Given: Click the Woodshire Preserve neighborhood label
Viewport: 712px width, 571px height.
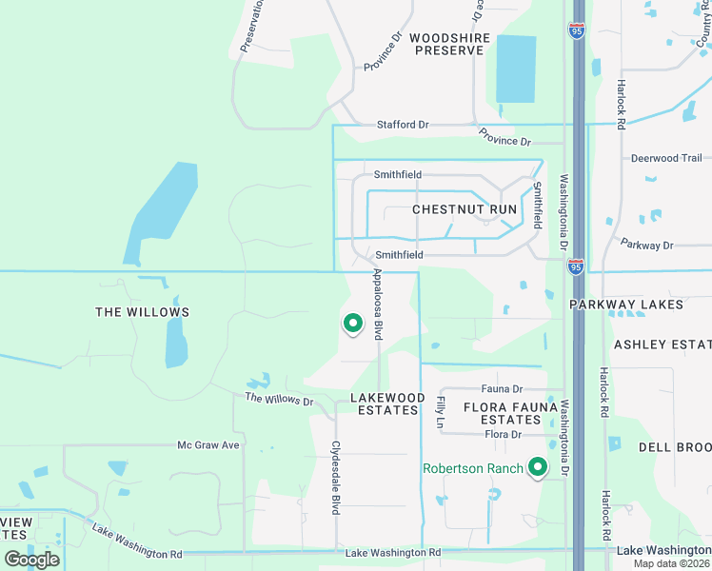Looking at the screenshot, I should point(449,44).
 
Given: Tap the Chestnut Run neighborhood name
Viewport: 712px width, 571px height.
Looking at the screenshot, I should point(465,209).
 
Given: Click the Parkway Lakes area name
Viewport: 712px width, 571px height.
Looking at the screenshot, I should point(626,305).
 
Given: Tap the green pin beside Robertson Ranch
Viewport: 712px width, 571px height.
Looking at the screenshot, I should point(538,467).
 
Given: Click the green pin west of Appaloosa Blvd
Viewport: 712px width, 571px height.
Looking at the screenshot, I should point(353,325).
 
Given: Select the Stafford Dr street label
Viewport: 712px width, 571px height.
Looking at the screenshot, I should point(403,125).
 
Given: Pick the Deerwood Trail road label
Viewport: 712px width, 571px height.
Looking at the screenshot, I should point(666,158).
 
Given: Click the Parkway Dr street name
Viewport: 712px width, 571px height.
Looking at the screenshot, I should point(646,245).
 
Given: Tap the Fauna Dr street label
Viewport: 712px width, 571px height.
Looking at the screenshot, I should point(503,388).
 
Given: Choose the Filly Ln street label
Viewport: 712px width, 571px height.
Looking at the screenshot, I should point(441,410).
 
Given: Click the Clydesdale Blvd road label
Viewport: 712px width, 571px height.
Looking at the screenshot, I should point(336,478).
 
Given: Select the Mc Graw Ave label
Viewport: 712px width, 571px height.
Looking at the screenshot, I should point(209,444).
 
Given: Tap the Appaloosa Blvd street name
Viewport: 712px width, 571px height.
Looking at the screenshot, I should point(378,304).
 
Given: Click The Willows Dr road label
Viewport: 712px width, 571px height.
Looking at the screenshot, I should point(279,400).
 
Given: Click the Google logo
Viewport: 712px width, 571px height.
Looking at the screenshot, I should point(31,560).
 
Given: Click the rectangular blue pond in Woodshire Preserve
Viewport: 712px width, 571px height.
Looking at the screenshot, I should point(516,69).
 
